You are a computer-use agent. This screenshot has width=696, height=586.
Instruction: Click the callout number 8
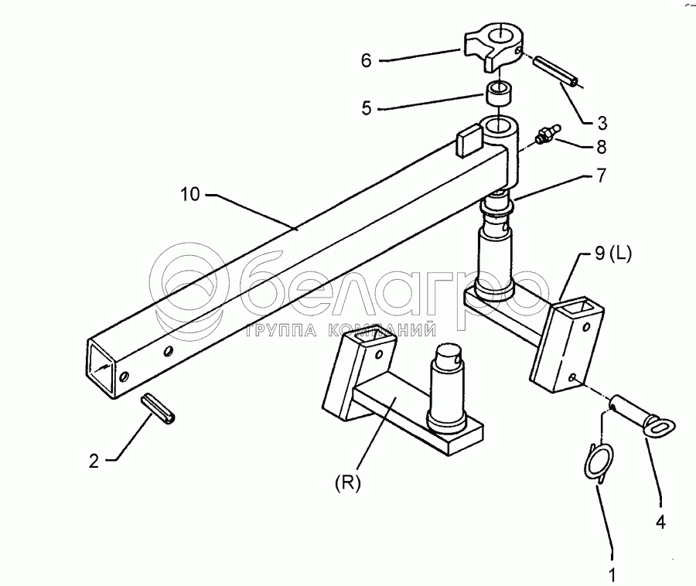601,145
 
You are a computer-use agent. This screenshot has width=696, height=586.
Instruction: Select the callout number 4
660,522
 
